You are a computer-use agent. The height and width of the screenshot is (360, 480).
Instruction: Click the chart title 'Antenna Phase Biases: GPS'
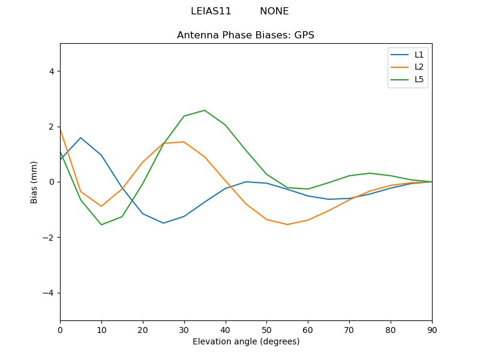245,35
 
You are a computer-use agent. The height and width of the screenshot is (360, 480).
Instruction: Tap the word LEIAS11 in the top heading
211,11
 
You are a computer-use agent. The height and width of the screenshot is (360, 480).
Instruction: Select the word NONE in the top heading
274,11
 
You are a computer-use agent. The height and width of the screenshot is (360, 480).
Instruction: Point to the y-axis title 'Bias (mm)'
35,182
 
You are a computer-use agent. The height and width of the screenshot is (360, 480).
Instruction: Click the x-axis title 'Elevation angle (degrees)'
245,342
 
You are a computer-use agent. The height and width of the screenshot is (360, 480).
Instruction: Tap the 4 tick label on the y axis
51,71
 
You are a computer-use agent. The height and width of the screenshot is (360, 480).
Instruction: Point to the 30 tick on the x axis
184,329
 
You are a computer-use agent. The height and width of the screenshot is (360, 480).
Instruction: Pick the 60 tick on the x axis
308,329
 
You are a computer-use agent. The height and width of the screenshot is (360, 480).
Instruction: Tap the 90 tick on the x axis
431,329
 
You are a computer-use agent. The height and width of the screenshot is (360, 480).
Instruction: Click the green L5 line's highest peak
205,110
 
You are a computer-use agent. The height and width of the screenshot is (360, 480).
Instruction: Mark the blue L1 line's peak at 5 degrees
80,138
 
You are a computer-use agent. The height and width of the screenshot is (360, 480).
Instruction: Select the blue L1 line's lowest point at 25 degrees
163,223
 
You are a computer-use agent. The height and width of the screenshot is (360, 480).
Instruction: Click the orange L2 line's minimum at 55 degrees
287,224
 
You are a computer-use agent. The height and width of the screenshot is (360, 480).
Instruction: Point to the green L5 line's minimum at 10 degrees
101,224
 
